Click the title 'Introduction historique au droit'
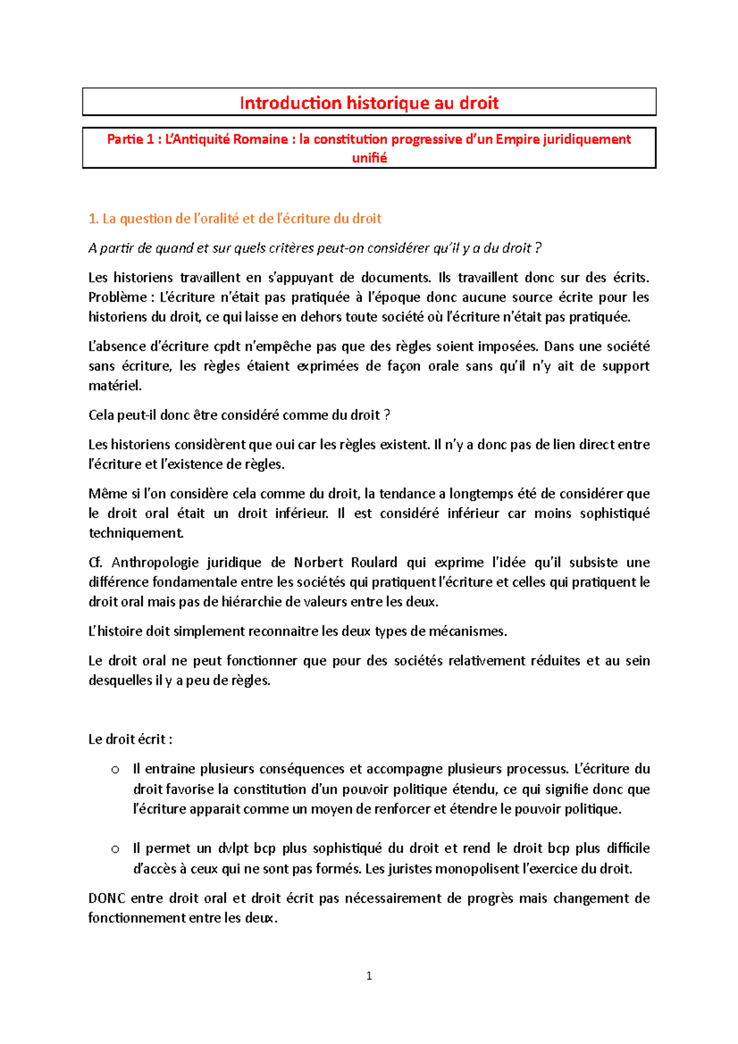pyautogui.click(x=369, y=103)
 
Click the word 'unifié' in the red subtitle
pyautogui.click(x=369, y=158)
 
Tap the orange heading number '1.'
pyautogui.click(x=93, y=219)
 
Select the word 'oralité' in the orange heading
pyautogui.click(x=216, y=219)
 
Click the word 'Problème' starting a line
pyautogui.click(x=117, y=298)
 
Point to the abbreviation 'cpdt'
pyautogui.click(x=227, y=347)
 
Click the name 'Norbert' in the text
pyautogui.click(x=318, y=563)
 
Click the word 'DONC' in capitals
pyautogui.click(x=107, y=898)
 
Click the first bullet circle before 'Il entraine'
pyautogui.click(x=115, y=770)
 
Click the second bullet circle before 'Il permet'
pyautogui.click(x=115, y=849)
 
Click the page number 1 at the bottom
pyautogui.click(x=369, y=976)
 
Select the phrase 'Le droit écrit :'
pyautogui.click(x=130, y=740)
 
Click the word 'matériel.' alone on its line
pyautogui.click(x=115, y=386)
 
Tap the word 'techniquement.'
pyautogui.click(x=136, y=533)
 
